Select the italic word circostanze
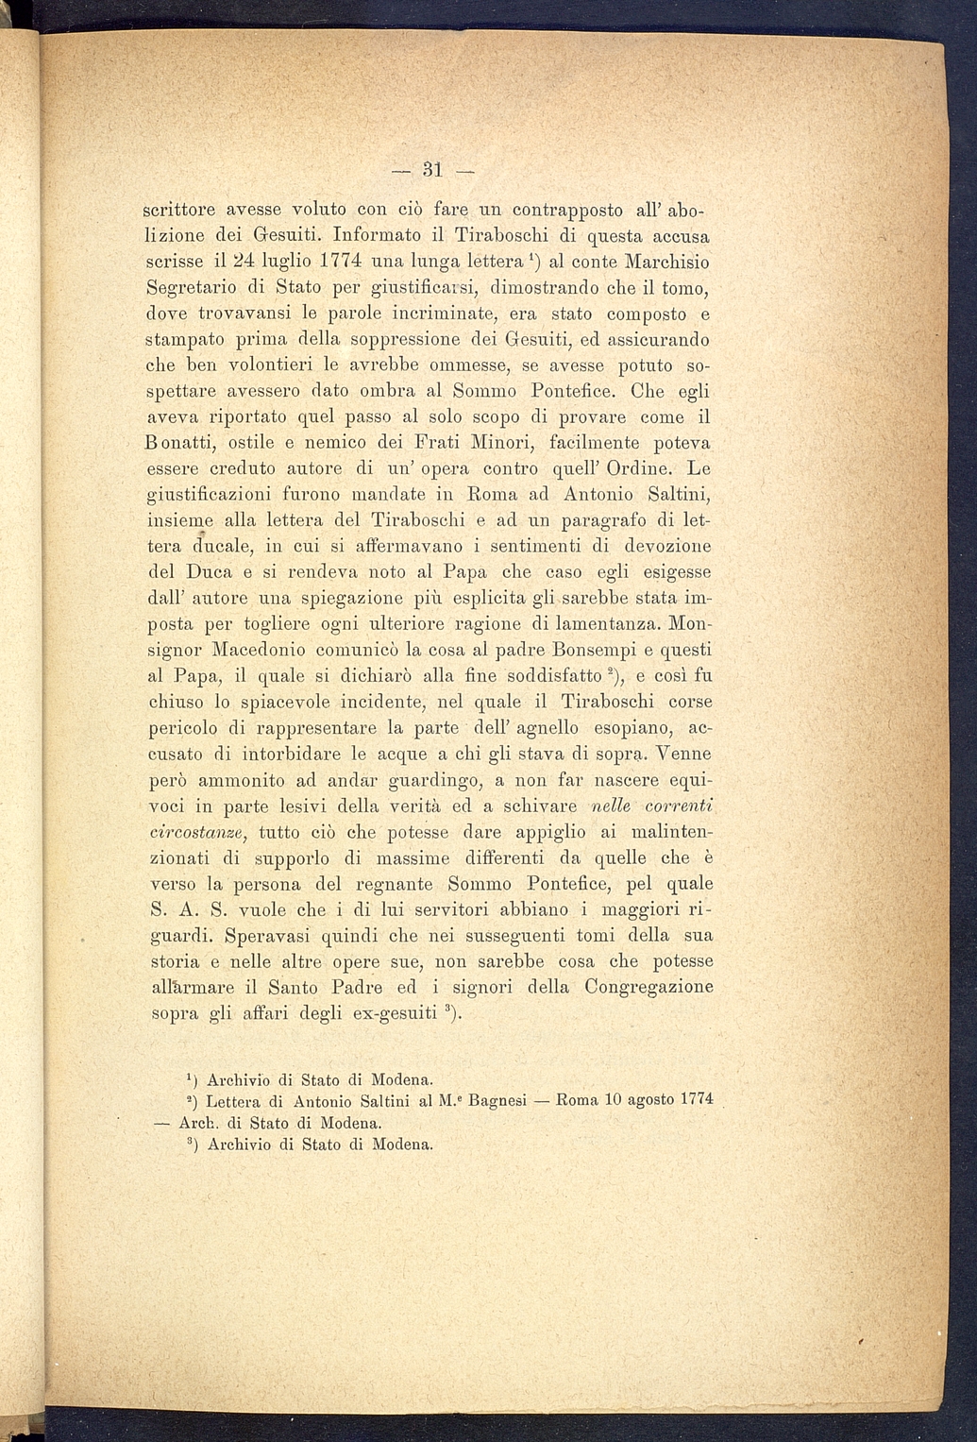pyautogui.click(x=199, y=833)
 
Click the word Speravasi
pyautogui.click(x=268, y=937)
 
